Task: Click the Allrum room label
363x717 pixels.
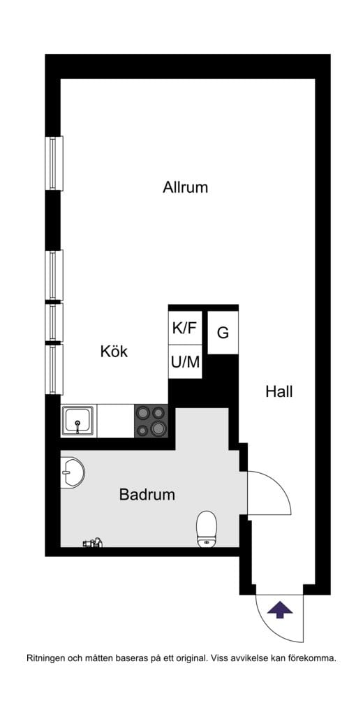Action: [x=185, y=187]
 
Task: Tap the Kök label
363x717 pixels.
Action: [x=114, y=352]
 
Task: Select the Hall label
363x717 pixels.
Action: [x=279, y=391]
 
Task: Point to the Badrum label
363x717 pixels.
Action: [x=147, y=495]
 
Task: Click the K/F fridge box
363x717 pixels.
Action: [x=185, y=328]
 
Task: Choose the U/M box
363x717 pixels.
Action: [x=185, y=362]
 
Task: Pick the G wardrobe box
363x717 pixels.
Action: [x=223, y=333]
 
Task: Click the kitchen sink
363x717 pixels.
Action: [x=77, y=421]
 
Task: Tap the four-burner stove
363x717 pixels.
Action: [x=151, y=421]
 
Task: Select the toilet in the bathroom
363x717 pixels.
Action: [x=207, y=528]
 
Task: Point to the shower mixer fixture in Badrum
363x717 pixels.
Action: [x=93, y=542]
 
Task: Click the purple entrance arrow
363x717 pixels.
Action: [x=280, y=609]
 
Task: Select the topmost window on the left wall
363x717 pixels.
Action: [x=54, y=163]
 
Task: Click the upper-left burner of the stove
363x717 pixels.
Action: [x=142, y=413]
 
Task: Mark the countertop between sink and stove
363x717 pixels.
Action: [x=115, y=421]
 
